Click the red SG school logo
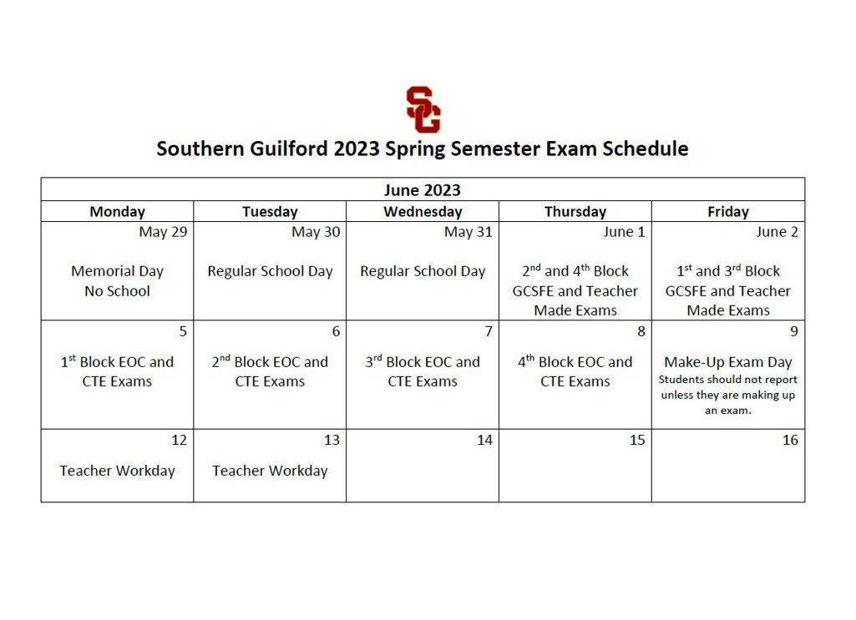[x=423, y=109]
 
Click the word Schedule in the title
[x=646, y=149]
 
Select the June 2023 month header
[x=423, y=190]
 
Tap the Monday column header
[x=117, y=212]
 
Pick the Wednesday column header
[x=423, y=212]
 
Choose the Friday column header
[x=728, y=212]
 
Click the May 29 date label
[x=163, y=232]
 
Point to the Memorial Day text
[x=117, y=271]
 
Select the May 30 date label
[x=316, y=232]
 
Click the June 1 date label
[x=624, y=232]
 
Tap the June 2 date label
[x=777, y=232]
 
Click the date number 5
[x=183, y=331]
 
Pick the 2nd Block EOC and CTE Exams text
[x=270, y=371]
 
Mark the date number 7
[x=489, y=331]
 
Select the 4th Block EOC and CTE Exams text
[x=575, y=371]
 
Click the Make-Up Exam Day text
[x=728, y=362]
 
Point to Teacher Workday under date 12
[x=117, y=471]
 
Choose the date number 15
[x=637, y=440]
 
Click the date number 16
[x=790, y=440]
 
